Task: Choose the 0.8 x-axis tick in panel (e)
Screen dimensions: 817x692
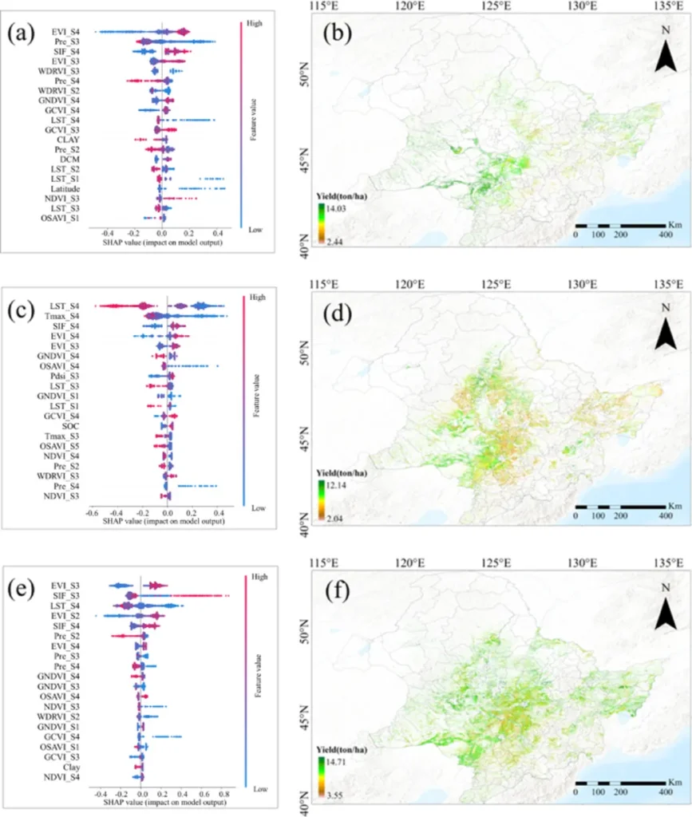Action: tap(226, 795)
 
